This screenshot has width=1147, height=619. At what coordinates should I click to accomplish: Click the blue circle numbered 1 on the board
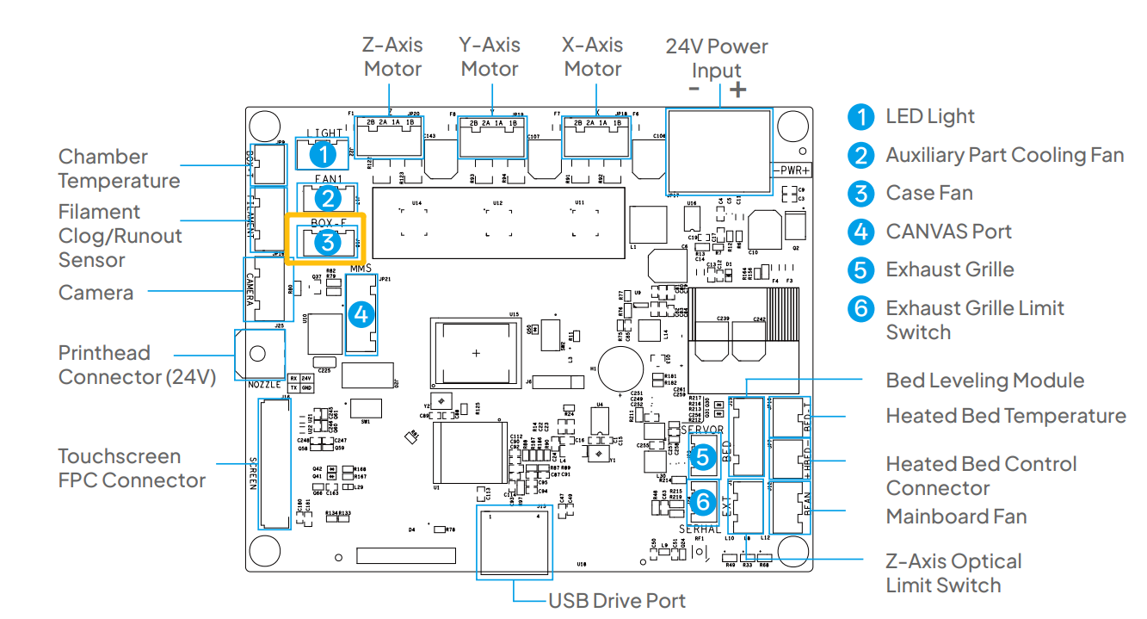tap(322, 156)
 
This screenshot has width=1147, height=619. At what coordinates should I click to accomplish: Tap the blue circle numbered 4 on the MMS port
tap(361, 314)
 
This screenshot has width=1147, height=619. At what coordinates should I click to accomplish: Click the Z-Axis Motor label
tap(392, 57)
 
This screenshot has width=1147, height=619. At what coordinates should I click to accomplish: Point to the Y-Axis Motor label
tap(490, 57)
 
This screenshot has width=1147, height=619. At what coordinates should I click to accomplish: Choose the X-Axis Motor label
tap(592, 57)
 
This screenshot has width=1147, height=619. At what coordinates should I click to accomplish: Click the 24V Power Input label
tap(717, 58)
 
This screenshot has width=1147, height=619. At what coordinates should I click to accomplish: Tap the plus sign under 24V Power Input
tap(737, 90)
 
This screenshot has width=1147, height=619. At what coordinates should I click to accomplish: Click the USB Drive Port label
tap(617, 600)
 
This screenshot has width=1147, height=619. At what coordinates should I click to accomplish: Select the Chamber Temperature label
tap(119, 169)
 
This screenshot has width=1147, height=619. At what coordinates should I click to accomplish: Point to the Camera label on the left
tap(96, 293)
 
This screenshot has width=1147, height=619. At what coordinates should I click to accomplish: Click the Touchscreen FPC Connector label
tap(131, 468)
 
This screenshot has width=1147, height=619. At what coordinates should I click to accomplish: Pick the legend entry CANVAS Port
tap(948, 232)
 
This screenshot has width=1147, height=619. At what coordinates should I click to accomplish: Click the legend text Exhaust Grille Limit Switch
tap(974, 320)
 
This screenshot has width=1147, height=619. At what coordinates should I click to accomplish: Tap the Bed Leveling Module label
tap(984, 381)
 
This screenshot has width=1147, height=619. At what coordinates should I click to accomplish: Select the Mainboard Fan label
tap(956, 517)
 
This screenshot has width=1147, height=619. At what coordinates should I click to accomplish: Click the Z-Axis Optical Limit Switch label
tap(953, 573)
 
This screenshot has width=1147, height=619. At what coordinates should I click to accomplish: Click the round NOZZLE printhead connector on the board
tap(256, 354)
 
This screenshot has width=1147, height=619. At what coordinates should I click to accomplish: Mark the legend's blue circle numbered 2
tap(860, 155)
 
